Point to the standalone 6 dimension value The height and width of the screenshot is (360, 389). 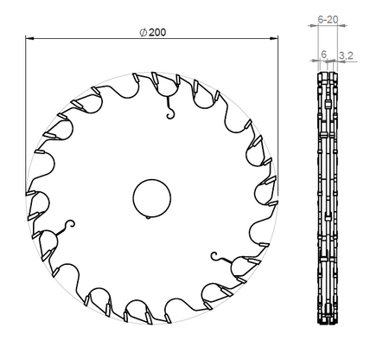(324, 55)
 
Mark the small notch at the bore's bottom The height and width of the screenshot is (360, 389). (150, 215)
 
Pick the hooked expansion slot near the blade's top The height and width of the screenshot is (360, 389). (169, 106)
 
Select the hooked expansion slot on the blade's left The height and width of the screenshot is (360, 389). (64, 228)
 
